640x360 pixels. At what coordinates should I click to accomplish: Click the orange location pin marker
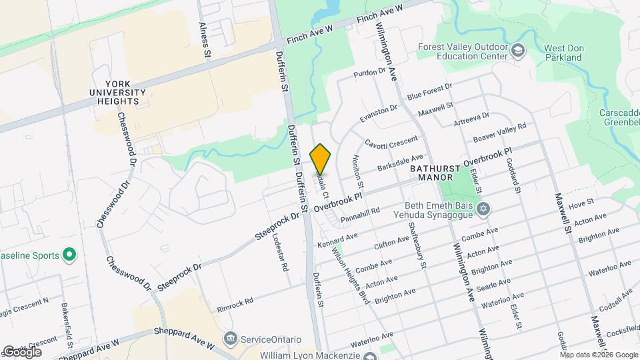point(321,159)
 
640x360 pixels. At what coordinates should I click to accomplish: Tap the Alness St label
point(205,38)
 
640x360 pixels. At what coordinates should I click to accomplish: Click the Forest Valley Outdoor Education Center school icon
point(518,51)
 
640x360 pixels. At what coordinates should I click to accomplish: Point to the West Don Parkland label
point(563,53)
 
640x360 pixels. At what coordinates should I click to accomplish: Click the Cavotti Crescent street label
point(391,142)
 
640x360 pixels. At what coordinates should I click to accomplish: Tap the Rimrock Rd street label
point(235,305)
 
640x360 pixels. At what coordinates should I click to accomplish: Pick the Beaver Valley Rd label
point(500,132)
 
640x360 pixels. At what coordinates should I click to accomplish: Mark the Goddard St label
point(514,175)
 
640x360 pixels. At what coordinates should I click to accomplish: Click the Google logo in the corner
point(21,351)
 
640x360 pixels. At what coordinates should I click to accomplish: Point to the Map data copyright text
point(599,355)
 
